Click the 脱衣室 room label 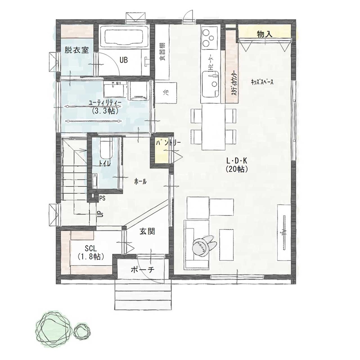click(76, 50)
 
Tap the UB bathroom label click(124, 59)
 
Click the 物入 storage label click(265, 34)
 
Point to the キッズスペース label click(262, 83)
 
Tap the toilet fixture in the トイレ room click(104, 150)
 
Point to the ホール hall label click(141, 182)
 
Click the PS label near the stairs click(102, 198)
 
